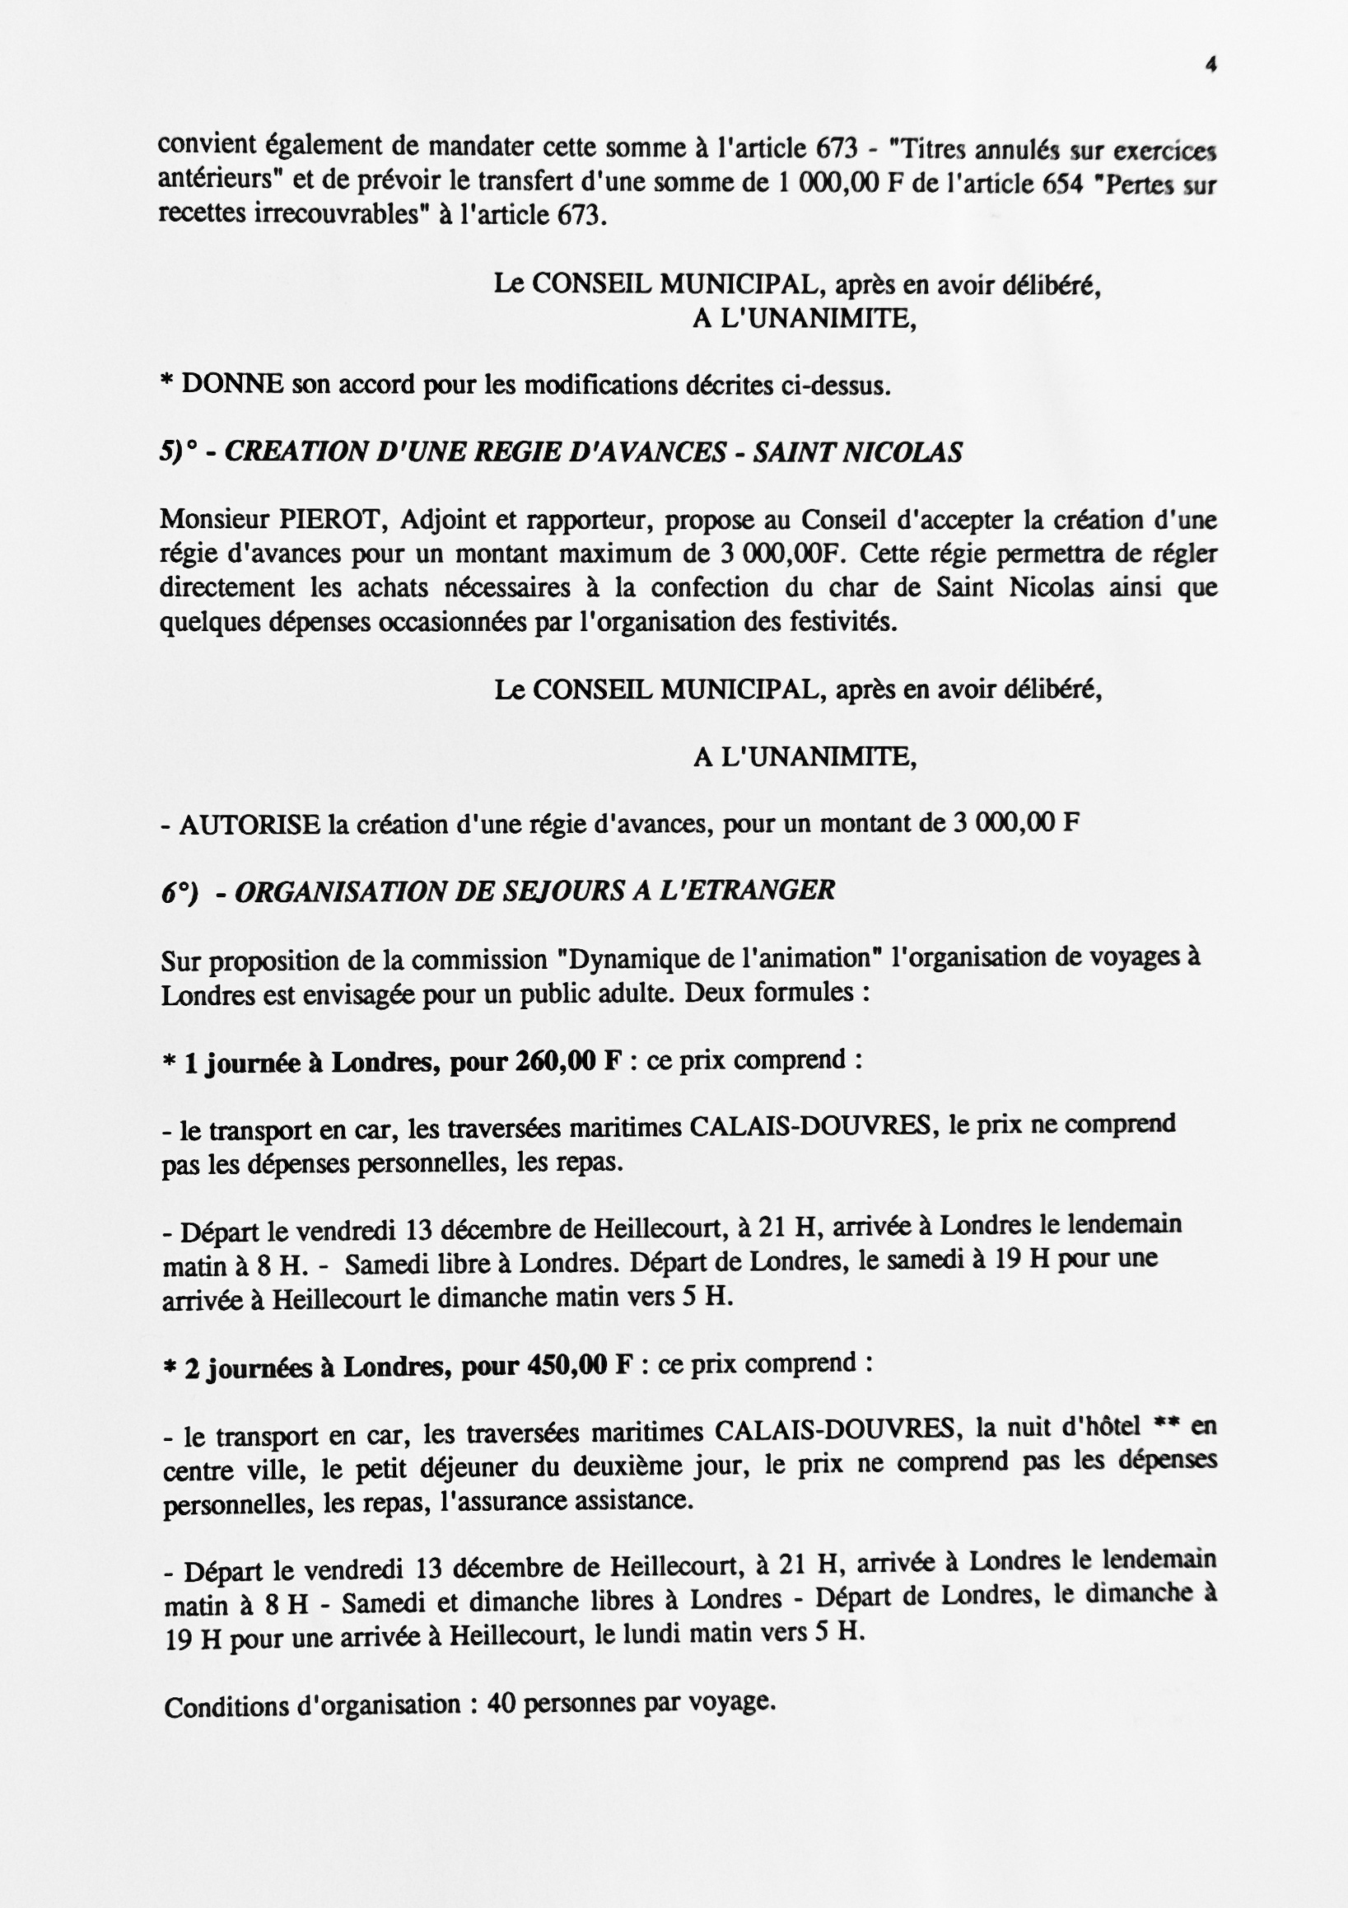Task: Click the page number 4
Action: click(x=1210, y=65)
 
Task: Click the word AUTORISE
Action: click(x=250, y=825)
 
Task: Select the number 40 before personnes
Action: click(x=501, y=1704)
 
